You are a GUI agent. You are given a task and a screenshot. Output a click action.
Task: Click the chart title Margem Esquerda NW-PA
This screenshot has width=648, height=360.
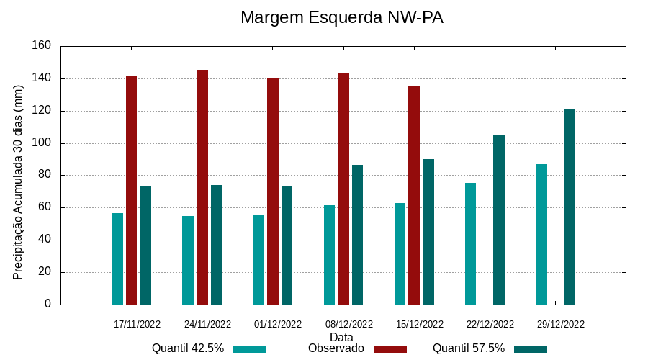(341, 18)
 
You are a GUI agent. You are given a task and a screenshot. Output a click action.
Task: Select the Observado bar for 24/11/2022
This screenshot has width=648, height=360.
(202, 187)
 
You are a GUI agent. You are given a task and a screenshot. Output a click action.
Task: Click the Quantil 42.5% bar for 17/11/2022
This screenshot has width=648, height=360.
(117, 259)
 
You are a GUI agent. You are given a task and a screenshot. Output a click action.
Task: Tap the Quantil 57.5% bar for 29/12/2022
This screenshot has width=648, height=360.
(570, 207)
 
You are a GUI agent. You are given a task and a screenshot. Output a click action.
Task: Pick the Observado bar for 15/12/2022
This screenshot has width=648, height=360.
(414, 195)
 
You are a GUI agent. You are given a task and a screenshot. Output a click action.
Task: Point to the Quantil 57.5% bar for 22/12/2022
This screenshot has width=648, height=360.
(499, 220)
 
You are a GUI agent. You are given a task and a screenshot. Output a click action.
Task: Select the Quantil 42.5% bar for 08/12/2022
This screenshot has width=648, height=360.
(329, 255)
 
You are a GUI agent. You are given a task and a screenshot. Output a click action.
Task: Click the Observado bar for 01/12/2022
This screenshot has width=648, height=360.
(273, 192)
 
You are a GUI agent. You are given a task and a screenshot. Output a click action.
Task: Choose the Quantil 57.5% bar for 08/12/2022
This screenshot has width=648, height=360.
(357, 235)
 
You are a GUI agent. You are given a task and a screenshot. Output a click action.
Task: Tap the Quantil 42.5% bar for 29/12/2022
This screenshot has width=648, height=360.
(541, 235)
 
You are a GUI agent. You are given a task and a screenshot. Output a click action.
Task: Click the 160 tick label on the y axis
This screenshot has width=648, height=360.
(42, 46)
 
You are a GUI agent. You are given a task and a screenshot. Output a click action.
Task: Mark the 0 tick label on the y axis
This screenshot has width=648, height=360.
(48, 304)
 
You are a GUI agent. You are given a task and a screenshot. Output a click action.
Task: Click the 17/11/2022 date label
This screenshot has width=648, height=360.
(137, 324)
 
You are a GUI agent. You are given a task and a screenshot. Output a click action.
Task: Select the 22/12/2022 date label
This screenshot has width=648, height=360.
(490, 324)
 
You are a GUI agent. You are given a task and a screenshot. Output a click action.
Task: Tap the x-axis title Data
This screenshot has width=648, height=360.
(341, 337)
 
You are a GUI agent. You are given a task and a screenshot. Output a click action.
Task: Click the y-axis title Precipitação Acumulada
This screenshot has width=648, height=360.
(19, 182)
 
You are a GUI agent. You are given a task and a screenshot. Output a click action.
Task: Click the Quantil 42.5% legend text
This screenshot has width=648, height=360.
(188, 348)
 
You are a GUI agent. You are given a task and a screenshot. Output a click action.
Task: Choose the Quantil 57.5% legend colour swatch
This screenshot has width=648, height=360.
(531, 349)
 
